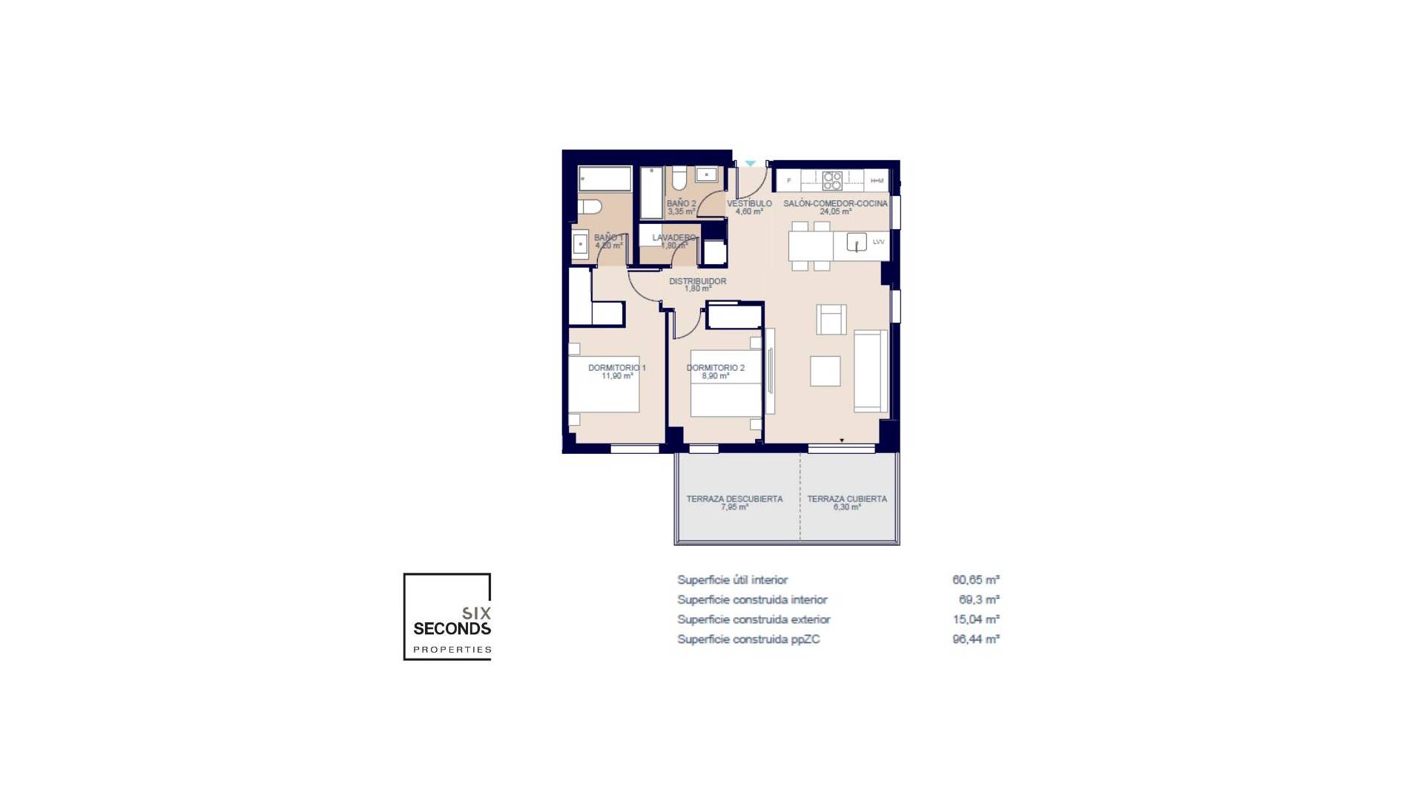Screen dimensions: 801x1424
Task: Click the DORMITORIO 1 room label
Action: pyautogui.click(x=616, y=368)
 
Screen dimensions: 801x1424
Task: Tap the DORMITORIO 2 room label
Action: pyautogui.click(x=715, y=368)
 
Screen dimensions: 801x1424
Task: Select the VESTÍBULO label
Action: pyautogui.click(x=749, y=203)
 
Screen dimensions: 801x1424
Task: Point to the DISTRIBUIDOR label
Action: pyautogui.click(x=697, y=282)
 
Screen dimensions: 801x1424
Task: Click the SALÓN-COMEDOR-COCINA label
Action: pyautogui.click(x=835, y=203)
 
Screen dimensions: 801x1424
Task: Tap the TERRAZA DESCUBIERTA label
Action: pyautogui.click(x=734, y=499)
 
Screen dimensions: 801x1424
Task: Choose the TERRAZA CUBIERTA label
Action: pyautogui.click(x=847, y=499)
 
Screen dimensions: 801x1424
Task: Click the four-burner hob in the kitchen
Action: pyautogui.click(x=832, y=180)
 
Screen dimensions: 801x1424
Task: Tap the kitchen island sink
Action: pyautogui.click(x=857, y=243)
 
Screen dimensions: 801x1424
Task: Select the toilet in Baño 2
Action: pyautogui.click(x=679, y=178)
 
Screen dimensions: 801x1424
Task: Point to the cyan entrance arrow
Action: pyautogui.click(x=751, y=163)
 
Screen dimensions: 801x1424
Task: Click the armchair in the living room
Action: pyautogui.click(x=831, y=320)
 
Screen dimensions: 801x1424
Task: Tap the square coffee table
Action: pyautogui.click(x=825, y=371)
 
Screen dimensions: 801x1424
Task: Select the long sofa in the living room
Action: pyautogui.click(x=870, y=371)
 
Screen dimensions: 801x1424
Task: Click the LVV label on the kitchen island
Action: pyautogui.click(x=878, y=242)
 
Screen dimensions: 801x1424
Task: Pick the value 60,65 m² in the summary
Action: pyautogui.click(x=975, y=580)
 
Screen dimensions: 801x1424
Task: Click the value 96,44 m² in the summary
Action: pyautogui.click(x=975, y=639)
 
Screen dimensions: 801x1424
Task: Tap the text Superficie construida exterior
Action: pyautogui.click(x=754, y=619)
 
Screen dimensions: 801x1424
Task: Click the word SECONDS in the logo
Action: pyautogui.click(x=452, y=629)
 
